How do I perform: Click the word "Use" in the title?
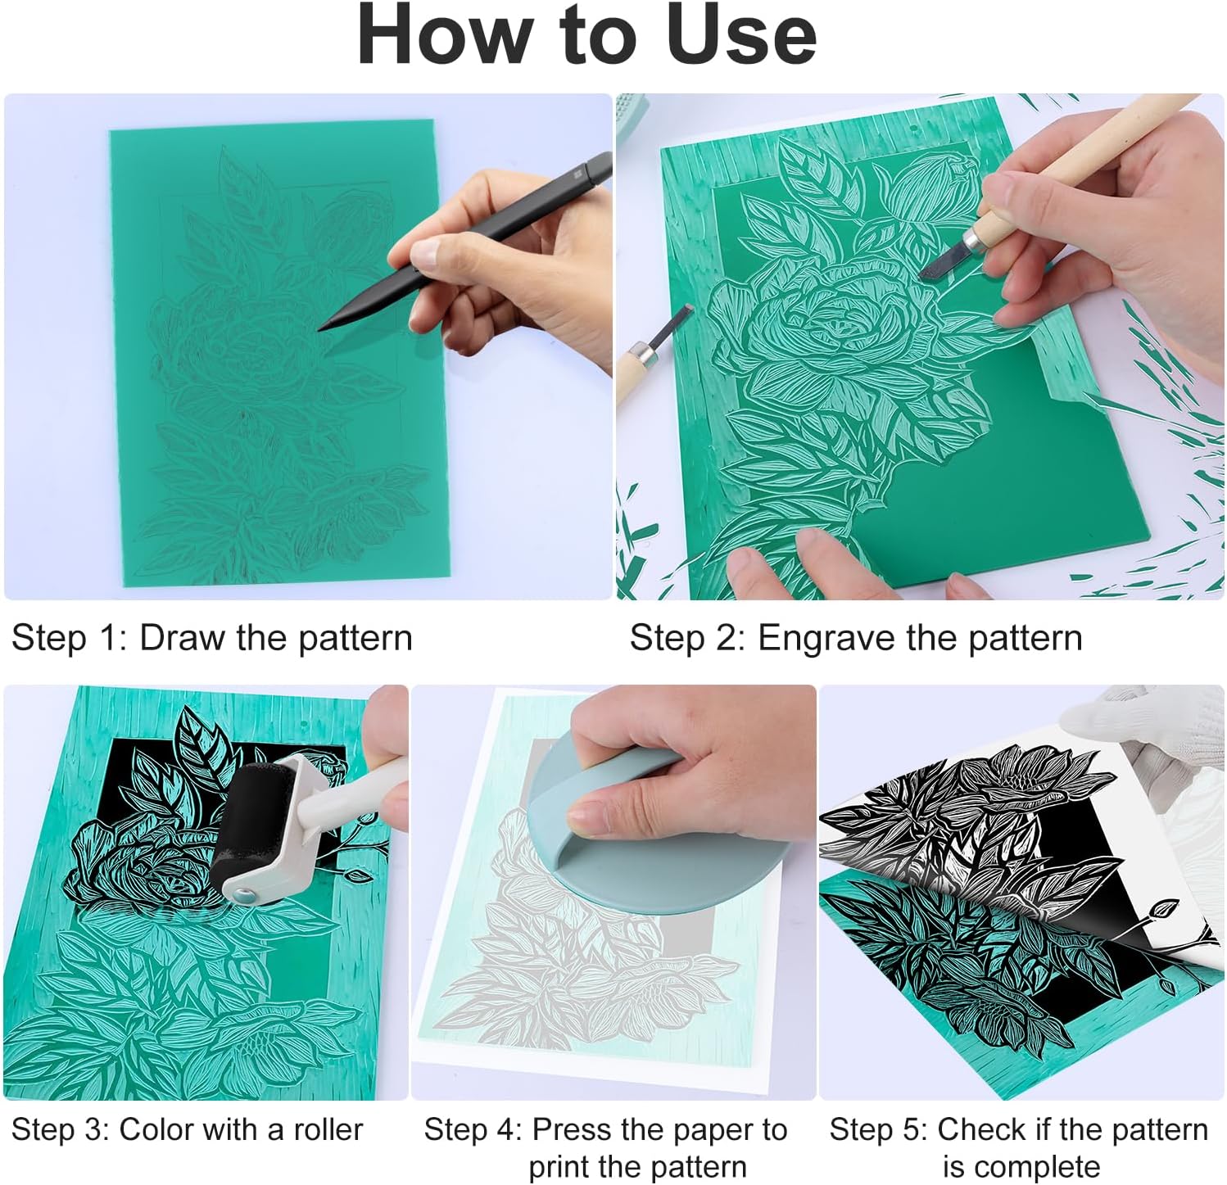point(741,35)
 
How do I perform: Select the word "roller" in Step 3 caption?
point(328,1130)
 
